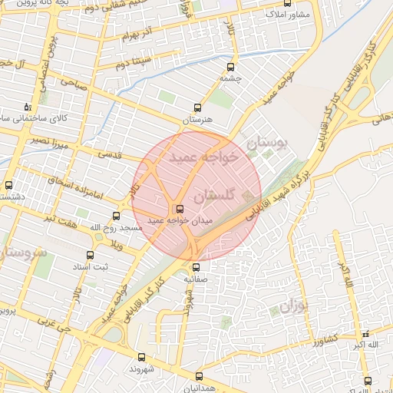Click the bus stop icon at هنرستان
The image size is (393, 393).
(198, 108)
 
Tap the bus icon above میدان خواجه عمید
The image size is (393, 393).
(180, 209)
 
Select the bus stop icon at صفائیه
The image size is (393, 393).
(196, 267)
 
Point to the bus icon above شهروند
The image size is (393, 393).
(141, 356)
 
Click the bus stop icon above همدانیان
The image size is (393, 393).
(199, 376)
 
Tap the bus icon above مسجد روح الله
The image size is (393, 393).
(116, 216)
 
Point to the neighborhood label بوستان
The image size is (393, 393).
(267, 143)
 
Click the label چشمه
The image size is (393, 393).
(230, 78)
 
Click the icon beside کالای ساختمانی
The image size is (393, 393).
(28, 107)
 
